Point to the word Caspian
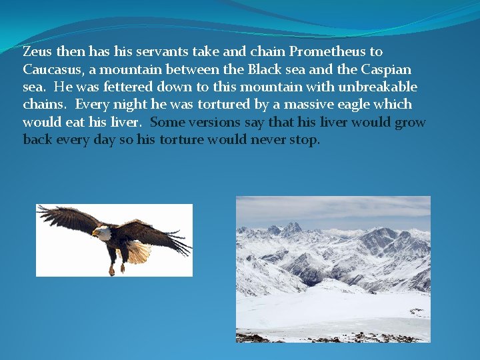[386, 69]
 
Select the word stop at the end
[304, 141]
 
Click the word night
[129, 105]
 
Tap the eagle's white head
[101, 233]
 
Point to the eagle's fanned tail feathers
[139, 252]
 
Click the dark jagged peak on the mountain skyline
[291, 229]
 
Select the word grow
[409, 123]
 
